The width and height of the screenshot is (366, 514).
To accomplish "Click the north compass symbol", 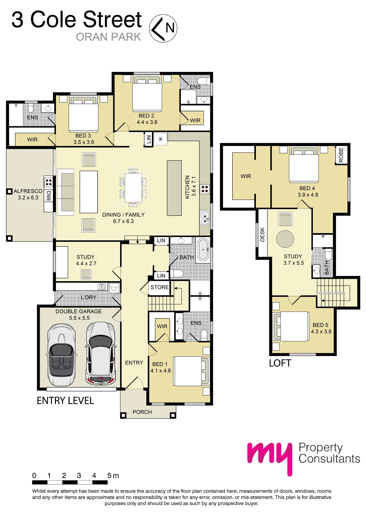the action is pyautogui.click(x=163, y=28).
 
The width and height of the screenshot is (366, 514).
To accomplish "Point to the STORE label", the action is pyautogui.click(x=160, y=287).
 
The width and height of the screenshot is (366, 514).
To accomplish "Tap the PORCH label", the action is pyautogui.click(x=142, y=412).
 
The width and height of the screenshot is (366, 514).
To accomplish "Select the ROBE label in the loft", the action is pyautogui.click(x=341, y=155).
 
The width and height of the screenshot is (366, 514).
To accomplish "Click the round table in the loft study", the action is pyautogui.click(x=285, y=239).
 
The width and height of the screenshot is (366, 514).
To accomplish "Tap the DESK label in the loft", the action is pyautogui.click(x=262, y=234).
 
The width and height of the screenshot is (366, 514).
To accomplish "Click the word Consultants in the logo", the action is pyautogui.click(x=330, y=459).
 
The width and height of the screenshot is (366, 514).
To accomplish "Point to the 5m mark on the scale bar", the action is pyautogui.click(x=113, y=476).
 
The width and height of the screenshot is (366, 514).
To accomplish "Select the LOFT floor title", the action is pyautogui.click(x=280, y=363).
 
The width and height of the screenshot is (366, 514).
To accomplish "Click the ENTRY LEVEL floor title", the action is pyautogui.click(x=65, y=401).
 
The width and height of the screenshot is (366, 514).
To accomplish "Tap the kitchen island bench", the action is pyautogui.click(x=174, y=188).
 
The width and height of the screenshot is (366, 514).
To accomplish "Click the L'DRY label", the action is pyautogui.click(x=89, y=297).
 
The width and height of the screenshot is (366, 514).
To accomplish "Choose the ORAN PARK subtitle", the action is pyautogui.click(x=109, y=37).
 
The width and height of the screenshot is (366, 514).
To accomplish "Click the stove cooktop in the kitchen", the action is pyautogui.click(x=205, y=189).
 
